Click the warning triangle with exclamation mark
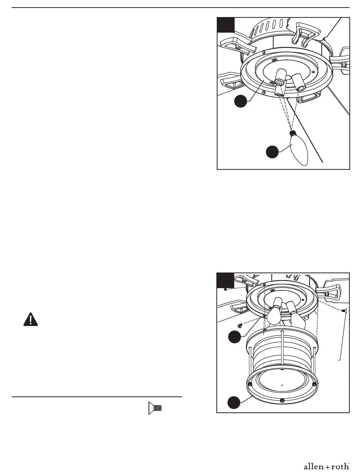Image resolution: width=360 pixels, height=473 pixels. (31, 319)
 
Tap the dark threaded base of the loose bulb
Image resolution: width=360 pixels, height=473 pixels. (292, 133)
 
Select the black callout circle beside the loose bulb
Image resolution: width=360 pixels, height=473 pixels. (272, 152)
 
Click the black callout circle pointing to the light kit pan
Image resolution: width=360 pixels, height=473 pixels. (241, 101)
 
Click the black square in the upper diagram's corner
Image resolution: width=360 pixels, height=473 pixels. (226, 25)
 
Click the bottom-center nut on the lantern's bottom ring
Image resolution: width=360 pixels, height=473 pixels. (282, 401)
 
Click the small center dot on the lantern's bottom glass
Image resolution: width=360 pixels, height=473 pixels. (282, 384)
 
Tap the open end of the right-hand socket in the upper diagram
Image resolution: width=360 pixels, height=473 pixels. (300, 88)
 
